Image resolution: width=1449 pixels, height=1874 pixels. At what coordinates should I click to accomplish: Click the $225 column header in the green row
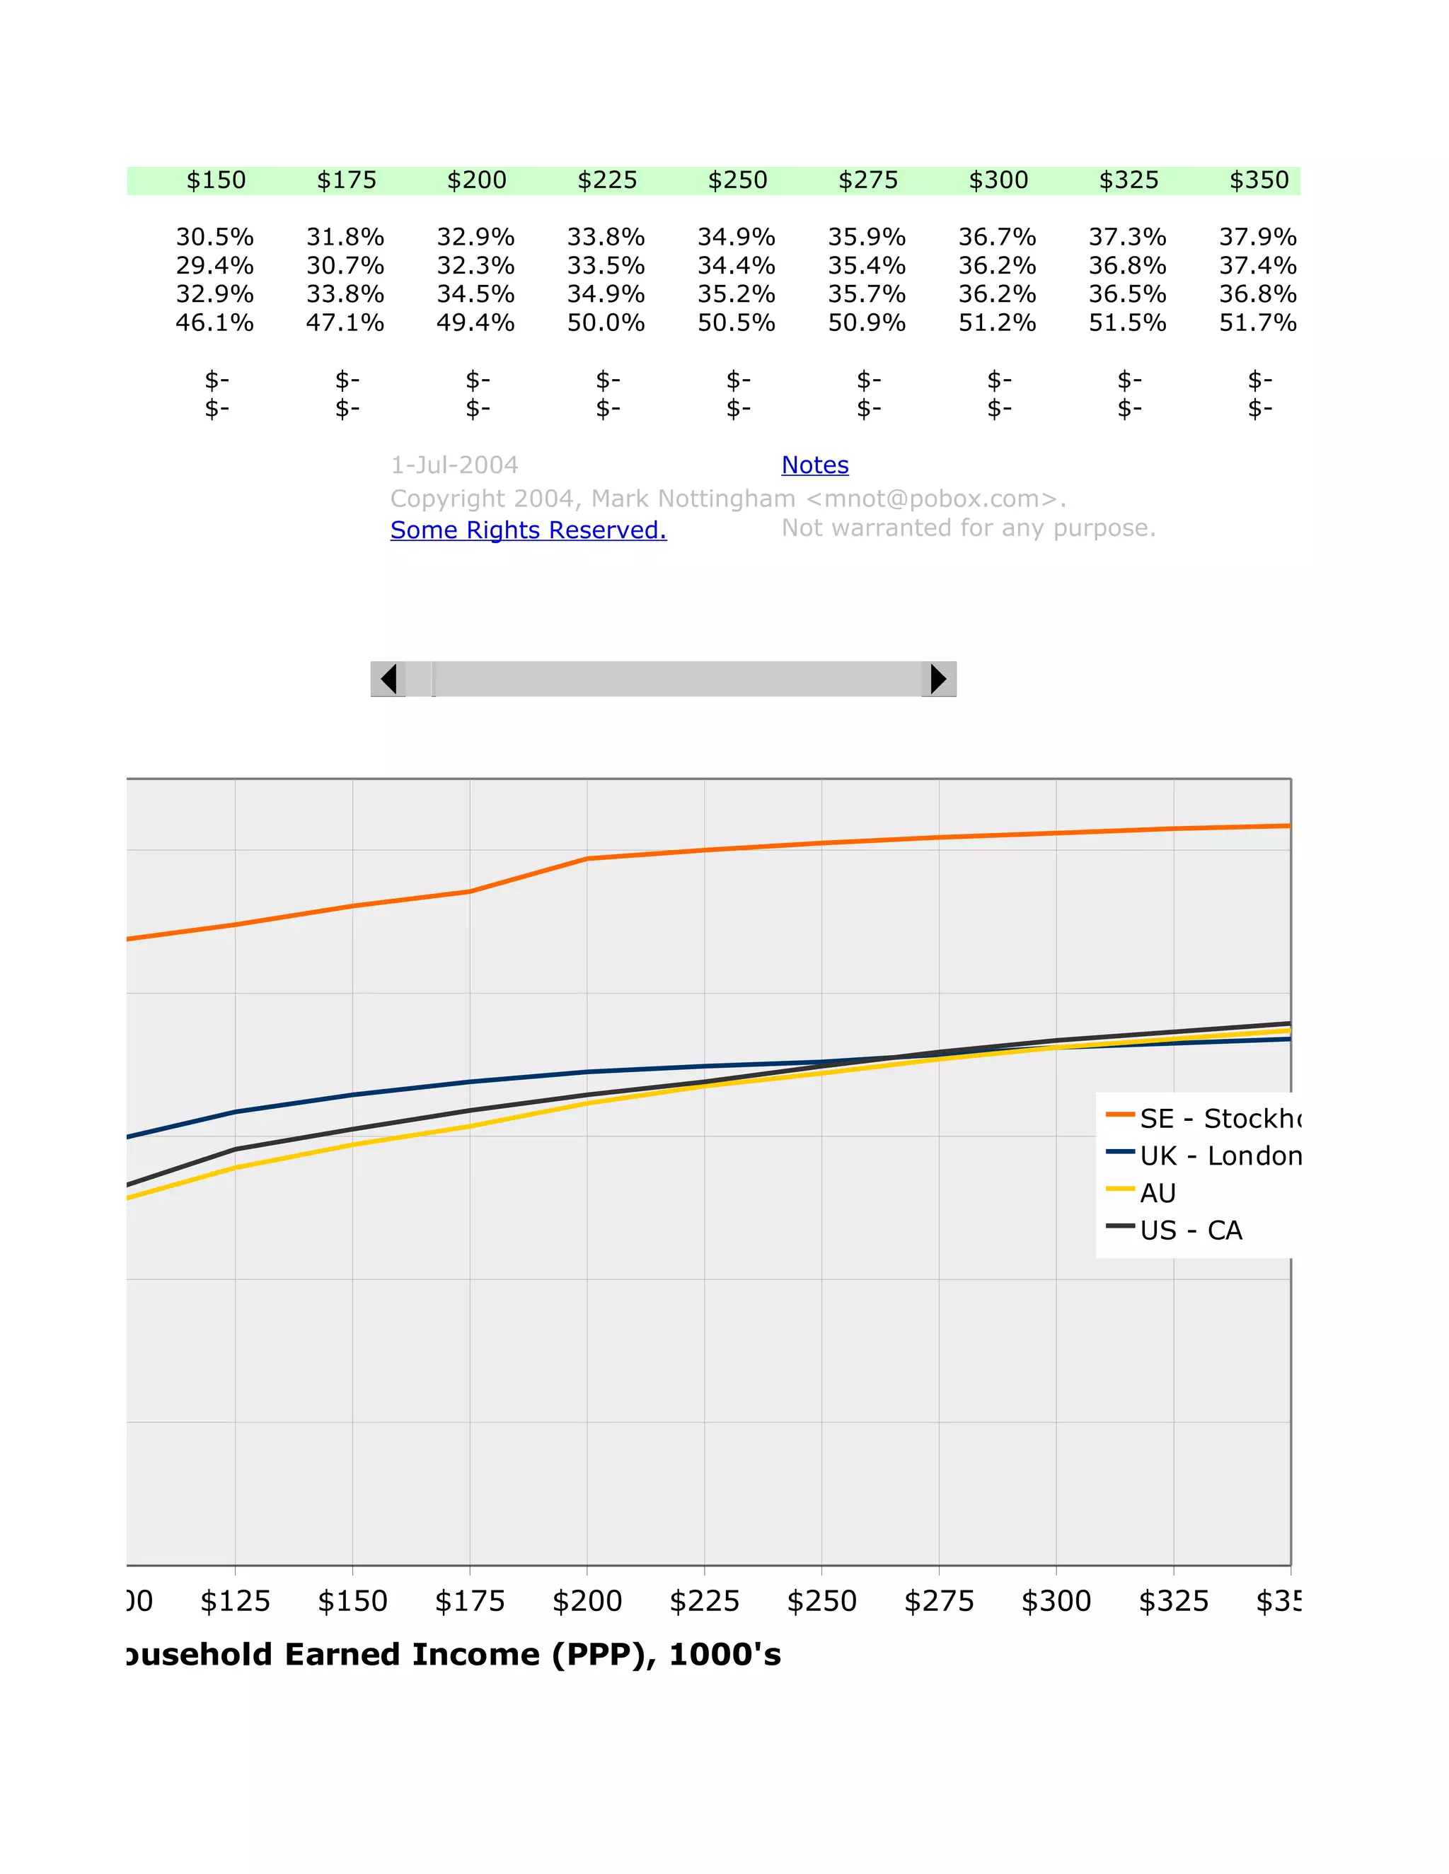click(607, 180)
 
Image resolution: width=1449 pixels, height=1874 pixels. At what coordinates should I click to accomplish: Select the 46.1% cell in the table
click(214, 323)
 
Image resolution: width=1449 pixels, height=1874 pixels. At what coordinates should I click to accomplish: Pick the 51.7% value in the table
click(1257, 323)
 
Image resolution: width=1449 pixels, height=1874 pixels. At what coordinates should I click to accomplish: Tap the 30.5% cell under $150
click(214, 237)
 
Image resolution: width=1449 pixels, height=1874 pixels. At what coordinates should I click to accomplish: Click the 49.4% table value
click(475, 323)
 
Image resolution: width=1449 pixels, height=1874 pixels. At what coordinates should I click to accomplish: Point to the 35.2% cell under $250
click(737, 294)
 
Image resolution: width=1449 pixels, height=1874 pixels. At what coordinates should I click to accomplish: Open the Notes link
click(814, 465)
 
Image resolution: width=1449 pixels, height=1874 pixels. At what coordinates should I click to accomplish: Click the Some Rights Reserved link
click(528, 530)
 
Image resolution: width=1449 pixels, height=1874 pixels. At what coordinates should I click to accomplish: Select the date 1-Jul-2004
click(454, 465)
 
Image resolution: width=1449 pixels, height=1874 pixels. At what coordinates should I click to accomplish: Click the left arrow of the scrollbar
click(388, 679)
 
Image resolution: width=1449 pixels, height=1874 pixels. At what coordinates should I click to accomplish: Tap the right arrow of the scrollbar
click(938, 679)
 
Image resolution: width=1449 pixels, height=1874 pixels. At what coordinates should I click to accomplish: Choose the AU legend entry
click(1157, 1193)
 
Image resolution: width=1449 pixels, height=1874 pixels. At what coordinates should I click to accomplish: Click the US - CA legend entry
click(1190, 1230)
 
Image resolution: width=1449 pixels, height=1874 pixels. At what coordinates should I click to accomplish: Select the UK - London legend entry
click(1219, 1156)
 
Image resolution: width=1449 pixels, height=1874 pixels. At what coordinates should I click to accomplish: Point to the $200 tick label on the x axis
click(587, 1601)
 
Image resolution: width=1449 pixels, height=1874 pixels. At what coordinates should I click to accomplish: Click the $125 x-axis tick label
click(235, 1601)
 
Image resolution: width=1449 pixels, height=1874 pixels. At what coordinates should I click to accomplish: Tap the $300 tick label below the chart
click(1056, 1601)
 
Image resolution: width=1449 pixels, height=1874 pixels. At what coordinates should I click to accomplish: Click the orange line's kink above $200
click(587, 858)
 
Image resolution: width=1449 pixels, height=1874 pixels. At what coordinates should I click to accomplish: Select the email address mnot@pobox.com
click(931, 499)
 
